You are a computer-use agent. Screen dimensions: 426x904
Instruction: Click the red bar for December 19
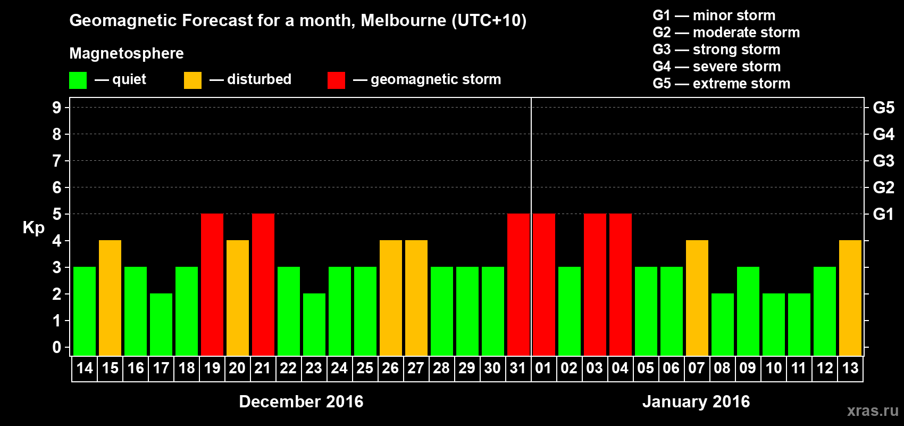coord(212,284)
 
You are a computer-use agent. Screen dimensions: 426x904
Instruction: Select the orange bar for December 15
coord(110,298)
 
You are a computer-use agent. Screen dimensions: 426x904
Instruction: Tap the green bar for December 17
coord(161,324)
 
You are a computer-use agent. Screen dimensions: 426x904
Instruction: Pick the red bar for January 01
coord(543,284)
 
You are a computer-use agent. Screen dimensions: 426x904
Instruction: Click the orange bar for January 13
coord(850,298)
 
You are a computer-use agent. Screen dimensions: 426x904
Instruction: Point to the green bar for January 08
coord(722,324)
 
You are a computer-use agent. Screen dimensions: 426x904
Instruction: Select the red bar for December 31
coord(518,284)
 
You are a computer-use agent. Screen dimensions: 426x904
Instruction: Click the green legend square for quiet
coord(78,80)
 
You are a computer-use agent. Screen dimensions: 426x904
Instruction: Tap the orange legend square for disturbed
coord(192,80)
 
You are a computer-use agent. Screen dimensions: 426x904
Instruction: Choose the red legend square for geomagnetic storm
coord(336,80)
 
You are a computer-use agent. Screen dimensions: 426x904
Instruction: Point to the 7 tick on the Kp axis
coord(57,161)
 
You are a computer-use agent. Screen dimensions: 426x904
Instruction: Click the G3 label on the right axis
coord(883,161)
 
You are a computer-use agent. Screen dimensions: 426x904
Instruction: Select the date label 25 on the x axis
coord(365,368)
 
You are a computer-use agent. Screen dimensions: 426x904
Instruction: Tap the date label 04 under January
coord(620,368)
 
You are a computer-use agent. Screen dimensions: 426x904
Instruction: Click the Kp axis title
coord(34,228)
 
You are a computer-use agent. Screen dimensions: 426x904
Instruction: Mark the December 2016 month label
coord(301,402)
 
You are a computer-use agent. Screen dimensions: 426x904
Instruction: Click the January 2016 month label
coord(696,402)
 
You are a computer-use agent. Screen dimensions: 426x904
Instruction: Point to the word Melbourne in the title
coord(404,21)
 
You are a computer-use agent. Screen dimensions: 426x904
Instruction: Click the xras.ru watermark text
coord(873,411)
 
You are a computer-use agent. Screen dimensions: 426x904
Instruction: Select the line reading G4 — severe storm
coord(717,67)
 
